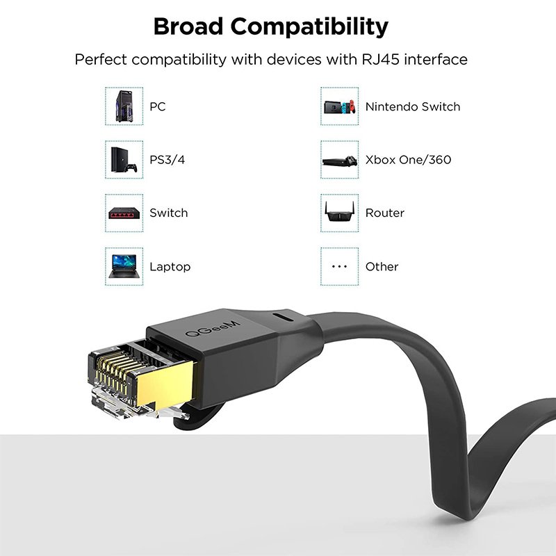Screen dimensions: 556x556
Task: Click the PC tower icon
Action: pyautogui.click(x=124, y=106)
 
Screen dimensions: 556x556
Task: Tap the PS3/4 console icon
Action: pyautogui.click(x=124, y=159)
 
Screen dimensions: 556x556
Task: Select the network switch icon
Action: pyautogui.click(x=124, y=213)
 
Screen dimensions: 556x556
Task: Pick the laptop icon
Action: pyautogui.click(x=124, y=266)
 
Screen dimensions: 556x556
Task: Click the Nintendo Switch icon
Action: pyautogui.click(x=340, y=106)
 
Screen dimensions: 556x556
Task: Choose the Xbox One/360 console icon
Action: pyautogui.click(x=340, y=160)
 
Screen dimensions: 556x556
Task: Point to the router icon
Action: pyautogui.click(x=340, y=212)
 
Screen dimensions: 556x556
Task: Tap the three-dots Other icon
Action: pyautogui.click(x=340, y=266)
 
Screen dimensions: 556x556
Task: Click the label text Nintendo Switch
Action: pyautogui.click(x=413, y=107)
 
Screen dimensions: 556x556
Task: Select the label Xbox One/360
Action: pyautogui.click(x=408, y=160)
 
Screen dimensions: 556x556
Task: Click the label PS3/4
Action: pyautogui.click(x=167, y=160)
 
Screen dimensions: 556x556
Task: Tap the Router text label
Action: pyautogui.click(x=384, y=213)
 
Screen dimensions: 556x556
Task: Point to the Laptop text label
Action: pyautogui.click(x=170, y=267)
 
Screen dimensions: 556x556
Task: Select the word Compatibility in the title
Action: pyautogui.click(x=318, y=27)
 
